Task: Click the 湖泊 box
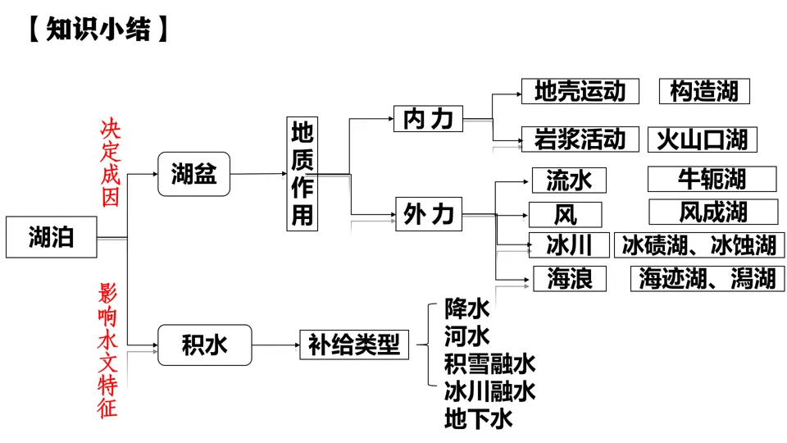(51, 238)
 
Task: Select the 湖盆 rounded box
(194, 174)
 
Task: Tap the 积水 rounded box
(204, 345)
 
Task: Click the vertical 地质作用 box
(303, 173)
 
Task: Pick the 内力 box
(428, 119)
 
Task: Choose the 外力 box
(428, 214)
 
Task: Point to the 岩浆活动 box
(580, 139)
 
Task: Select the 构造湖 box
(704, 91)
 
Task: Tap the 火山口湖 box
(703, 139)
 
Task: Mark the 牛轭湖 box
(712, 179)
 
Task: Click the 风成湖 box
(712, 212)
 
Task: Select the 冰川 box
(569, 244)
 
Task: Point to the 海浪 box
(569, 278)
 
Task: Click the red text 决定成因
(110, 162)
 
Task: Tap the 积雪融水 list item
(489, 363)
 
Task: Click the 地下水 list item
(479, 419)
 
